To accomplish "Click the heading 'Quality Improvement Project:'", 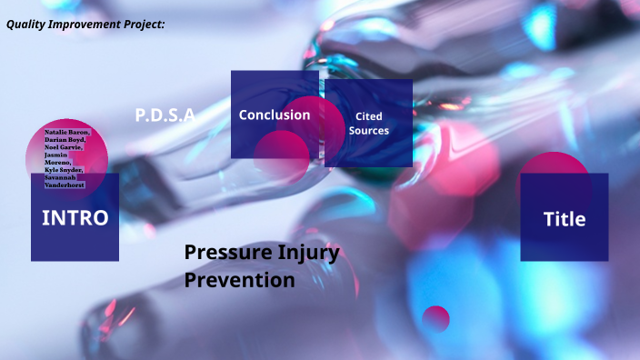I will (85, 25).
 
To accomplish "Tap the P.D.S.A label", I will (165, 115).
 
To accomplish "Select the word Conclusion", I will (275, 115).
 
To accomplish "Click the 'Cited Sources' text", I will (369, 124).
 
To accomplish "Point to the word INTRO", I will (75, 217).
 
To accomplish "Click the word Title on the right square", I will (565, 218).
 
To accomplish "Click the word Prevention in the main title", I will (239, 280).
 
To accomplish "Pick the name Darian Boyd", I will (65, 139).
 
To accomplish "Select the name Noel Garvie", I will (64, 146).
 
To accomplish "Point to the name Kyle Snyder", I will (64, 169).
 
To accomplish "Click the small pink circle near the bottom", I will (436, 318).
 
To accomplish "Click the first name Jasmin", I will (56, 155).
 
